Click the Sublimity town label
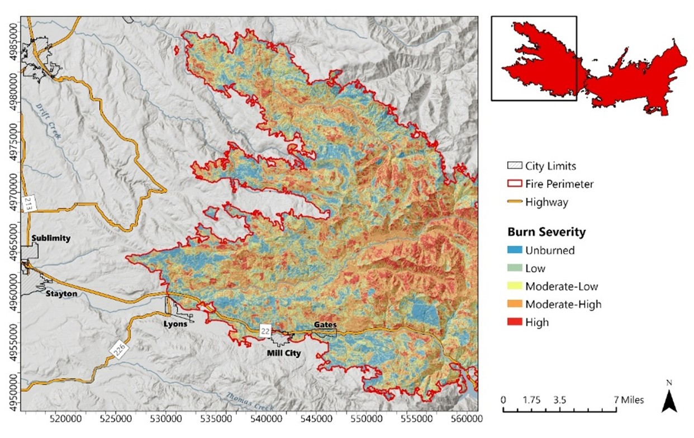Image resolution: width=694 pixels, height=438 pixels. click(51, 238)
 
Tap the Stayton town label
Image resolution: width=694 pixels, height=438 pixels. click(61, 294)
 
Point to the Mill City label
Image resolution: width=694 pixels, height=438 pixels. click(284, 353)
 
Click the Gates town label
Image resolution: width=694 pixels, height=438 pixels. click(325, 325)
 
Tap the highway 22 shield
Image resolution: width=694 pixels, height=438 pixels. click(266, 331)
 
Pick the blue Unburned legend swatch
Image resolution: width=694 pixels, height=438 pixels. click(515, 250)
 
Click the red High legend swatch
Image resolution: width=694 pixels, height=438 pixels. click(515, 322)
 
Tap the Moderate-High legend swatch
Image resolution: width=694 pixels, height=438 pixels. click(515, 304)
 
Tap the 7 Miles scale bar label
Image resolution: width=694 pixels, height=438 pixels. click(628, 400)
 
